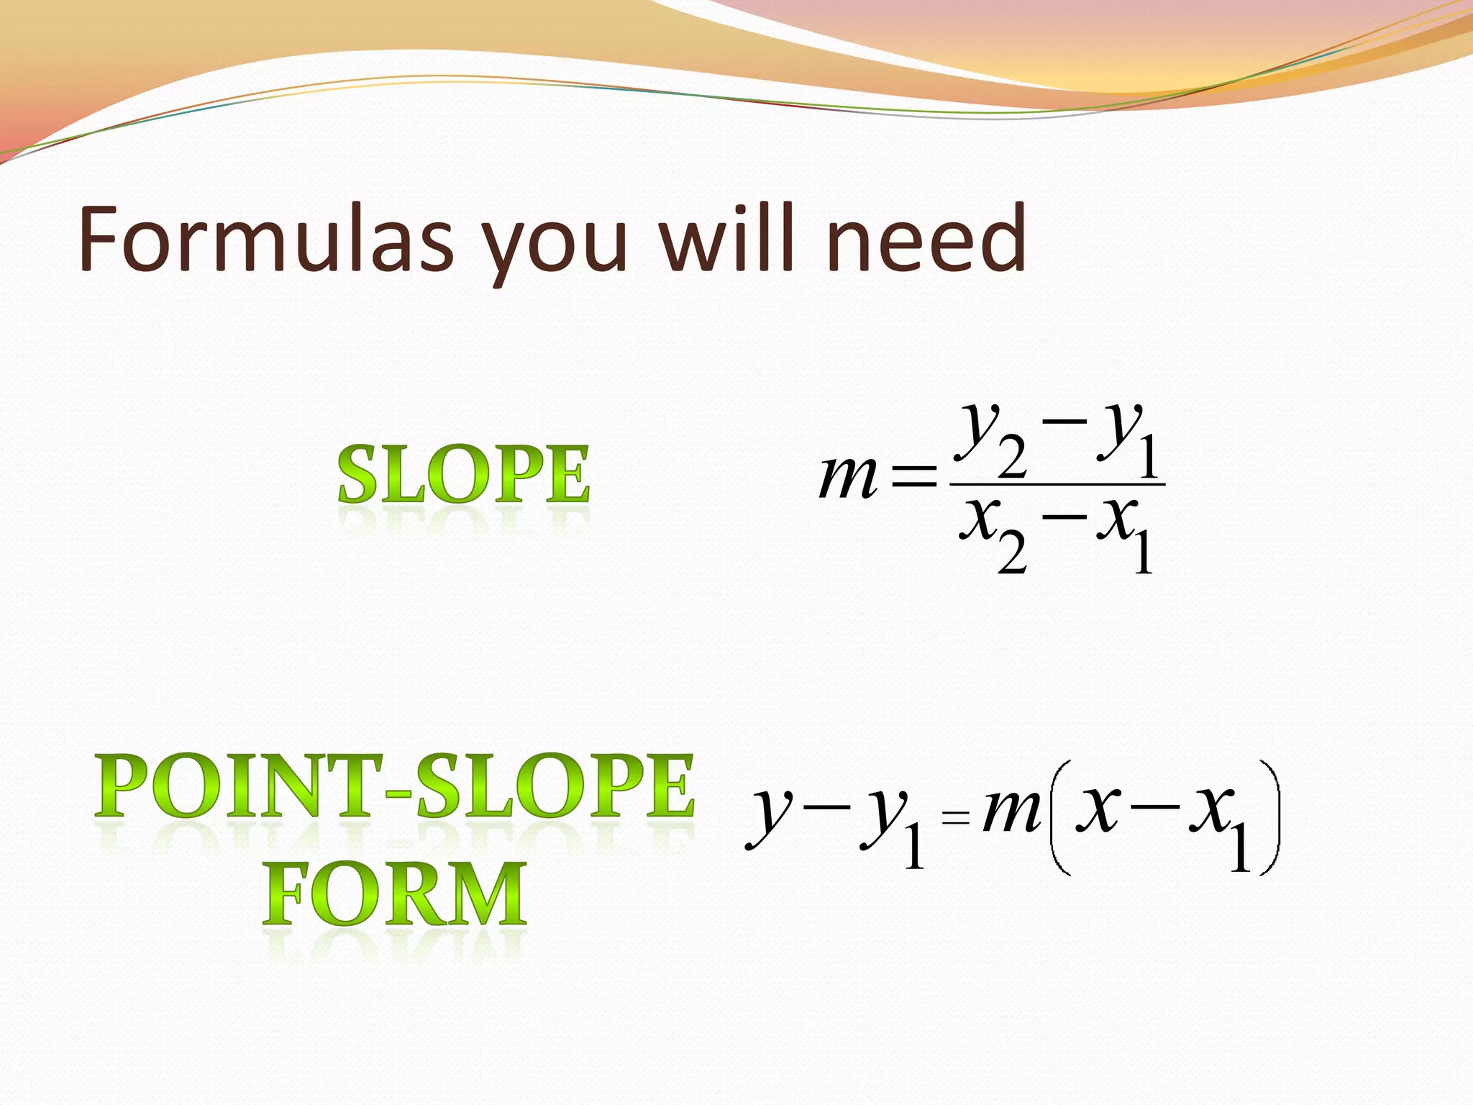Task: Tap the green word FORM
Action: point(394,894)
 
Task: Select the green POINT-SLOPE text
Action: point(394,786)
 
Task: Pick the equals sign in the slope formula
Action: point(913,477)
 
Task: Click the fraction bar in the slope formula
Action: point(1057,484)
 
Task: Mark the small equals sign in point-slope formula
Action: point(955,817)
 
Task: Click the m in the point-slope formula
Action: point(1011,811)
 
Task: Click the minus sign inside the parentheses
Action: point(1154,807)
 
